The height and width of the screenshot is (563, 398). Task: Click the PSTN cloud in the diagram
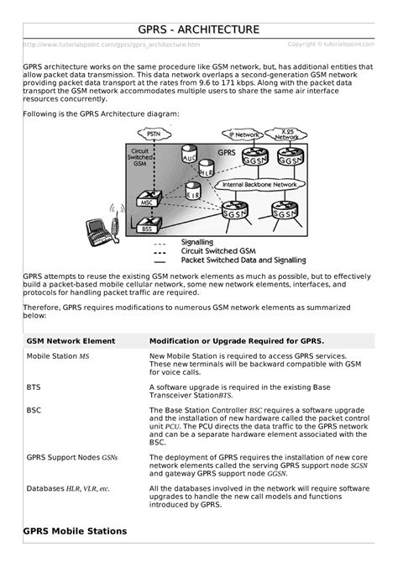tap(153, 134)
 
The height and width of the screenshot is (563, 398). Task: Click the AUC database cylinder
tap(190, 156)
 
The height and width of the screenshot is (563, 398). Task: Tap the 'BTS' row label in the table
tap(33, 388)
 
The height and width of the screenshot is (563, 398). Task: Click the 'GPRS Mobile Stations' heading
tap(75, 531)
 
